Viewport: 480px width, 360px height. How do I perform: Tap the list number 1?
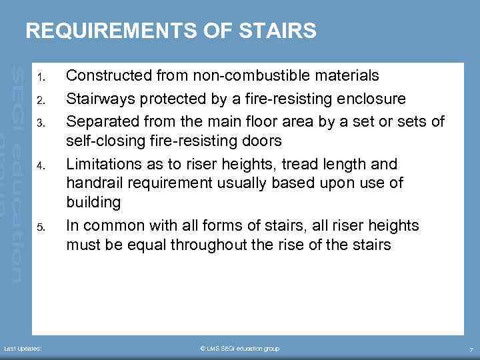click(x=41, y=76)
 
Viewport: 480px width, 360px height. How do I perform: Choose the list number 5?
click(x=41, y=227)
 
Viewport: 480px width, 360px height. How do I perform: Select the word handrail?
click(x=91, y=182)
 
